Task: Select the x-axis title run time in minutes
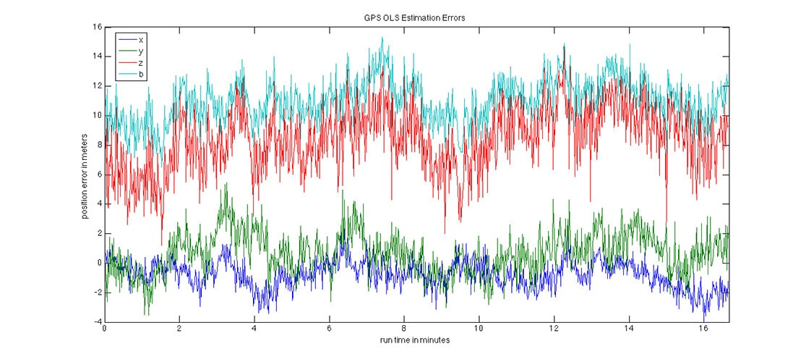(x=416, y=340)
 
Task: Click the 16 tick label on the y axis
(x=96, y=27)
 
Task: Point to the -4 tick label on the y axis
(x=96, y=322)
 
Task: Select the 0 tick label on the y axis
(x=99, y=263)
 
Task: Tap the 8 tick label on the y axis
(x=99, y=145)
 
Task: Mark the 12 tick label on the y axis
(x=96, y=86)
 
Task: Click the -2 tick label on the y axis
(x=96, y=292)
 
